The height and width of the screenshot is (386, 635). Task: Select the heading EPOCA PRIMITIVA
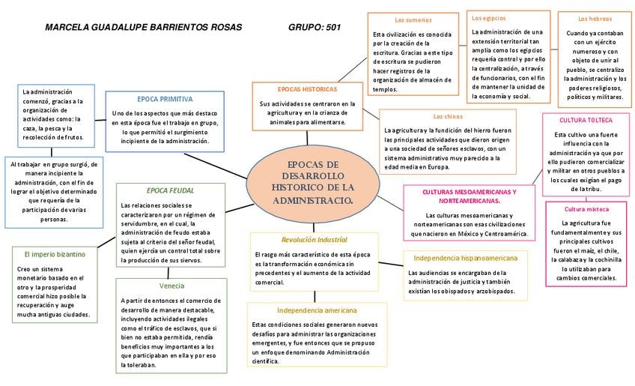point(165,99)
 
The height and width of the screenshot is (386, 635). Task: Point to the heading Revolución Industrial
point(315,240)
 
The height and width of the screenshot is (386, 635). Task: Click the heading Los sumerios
point(413,19)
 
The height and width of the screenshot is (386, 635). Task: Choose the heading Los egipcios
point(488,17)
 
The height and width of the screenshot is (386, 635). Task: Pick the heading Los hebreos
point(595,19)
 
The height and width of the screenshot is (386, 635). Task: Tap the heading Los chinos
point(448,117)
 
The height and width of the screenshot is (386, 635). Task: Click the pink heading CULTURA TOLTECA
point(586,120)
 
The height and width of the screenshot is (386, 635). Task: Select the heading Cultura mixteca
point(586,209)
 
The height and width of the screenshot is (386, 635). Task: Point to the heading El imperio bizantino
point(55,255)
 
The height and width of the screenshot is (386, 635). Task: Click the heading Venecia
point(171,286)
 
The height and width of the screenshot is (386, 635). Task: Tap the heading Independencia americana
point(317,310)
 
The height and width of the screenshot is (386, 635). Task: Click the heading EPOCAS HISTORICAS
point(307,88)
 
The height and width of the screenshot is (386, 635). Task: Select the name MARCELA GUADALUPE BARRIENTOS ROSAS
point(144,28)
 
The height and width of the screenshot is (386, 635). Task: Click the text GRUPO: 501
point(315,28)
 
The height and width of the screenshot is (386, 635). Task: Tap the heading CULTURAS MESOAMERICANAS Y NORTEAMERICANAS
point(469,196)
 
